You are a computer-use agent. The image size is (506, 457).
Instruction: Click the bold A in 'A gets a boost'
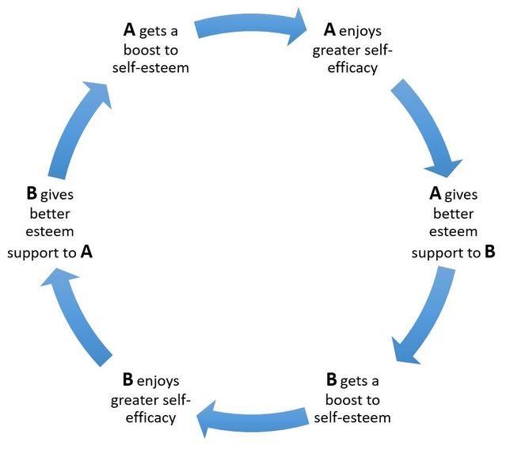pyautogui.click(x=130, y=30)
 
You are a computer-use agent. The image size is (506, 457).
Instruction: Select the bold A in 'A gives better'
pyautogui.click(x=435, y=192)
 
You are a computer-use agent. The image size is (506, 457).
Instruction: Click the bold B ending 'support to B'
pyautogui.click(x=489, y=253)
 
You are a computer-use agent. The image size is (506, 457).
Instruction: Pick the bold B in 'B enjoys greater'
pyautogui.click(x=127, y=378)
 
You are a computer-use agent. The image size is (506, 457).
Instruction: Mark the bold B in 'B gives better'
pyautogui.click(x=32, y=192)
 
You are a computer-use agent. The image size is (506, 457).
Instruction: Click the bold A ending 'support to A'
pyautogui.click(x=87, y=253)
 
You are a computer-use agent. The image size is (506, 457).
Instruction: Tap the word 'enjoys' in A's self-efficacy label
pyautogui.click(x=364, y=31)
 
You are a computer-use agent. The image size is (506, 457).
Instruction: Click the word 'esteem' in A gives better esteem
pyautogui.click(x=454, y=232)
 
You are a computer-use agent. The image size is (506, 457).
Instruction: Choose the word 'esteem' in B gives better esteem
pyautogui.click(x=51, y=232)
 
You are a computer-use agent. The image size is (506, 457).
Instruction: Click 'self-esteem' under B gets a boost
pyautogui.click(x=352, y=416)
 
